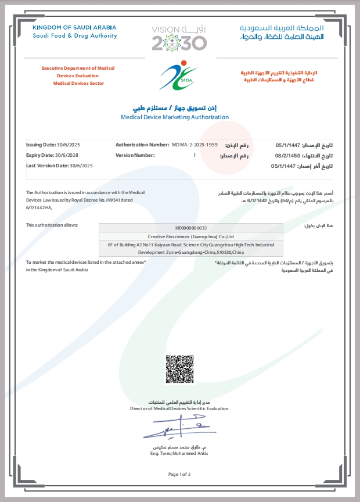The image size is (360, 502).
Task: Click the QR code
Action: coord(179,368)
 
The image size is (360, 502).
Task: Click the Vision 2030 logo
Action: coord(179,38)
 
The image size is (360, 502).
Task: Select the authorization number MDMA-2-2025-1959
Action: coord(195,144)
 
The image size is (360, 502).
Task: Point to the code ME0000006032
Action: coord(190,228)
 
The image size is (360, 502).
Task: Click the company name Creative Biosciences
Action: coord(191,236)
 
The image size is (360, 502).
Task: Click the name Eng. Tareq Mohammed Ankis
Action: coord(179,453)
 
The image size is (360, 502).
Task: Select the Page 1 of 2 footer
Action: coord(179,474)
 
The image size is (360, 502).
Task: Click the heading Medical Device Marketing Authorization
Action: coord(175,117)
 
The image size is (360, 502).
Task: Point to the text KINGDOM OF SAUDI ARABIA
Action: coord(74,27)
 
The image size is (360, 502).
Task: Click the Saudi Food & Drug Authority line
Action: coord(74,35)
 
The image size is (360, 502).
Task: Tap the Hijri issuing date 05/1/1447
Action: coord(287,144)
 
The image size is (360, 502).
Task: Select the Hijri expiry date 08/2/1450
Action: coord(287,156)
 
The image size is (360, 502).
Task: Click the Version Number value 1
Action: coord(195,155)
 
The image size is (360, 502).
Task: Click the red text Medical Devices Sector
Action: coord(78,83)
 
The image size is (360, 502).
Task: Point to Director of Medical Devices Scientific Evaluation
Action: coord(179,408)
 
